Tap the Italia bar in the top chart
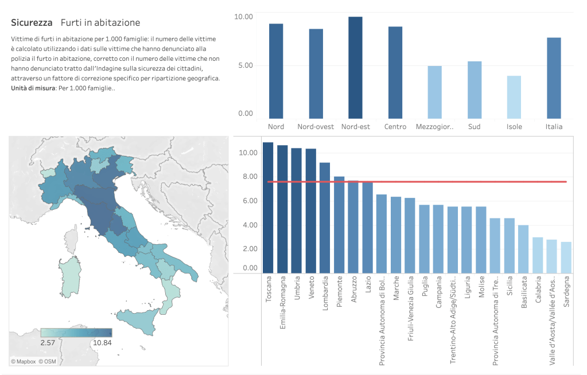click(x=554, y=77)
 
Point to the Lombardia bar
click(x=325, y=218)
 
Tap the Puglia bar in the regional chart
click(x=425, y=239)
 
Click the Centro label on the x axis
click(x=395, y=127)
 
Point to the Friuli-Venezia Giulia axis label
click(x=410, y=309)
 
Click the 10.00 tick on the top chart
click(x=243, y=17)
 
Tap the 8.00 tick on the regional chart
click(x=248, y=177)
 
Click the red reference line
click(x=459, y=182)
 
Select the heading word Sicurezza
click(x=32, y=22)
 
